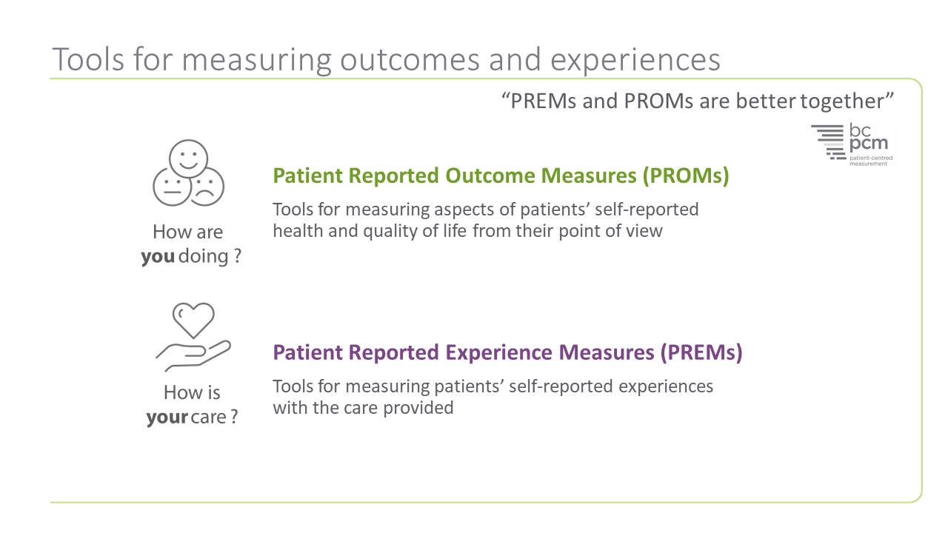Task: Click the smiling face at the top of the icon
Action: (188, 158)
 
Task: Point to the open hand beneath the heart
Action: (193, 356)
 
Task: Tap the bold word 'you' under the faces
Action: (158, 257)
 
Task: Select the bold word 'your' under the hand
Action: (167, 417)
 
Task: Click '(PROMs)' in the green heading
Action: (686, 176)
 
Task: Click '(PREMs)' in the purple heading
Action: (700, 352)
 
